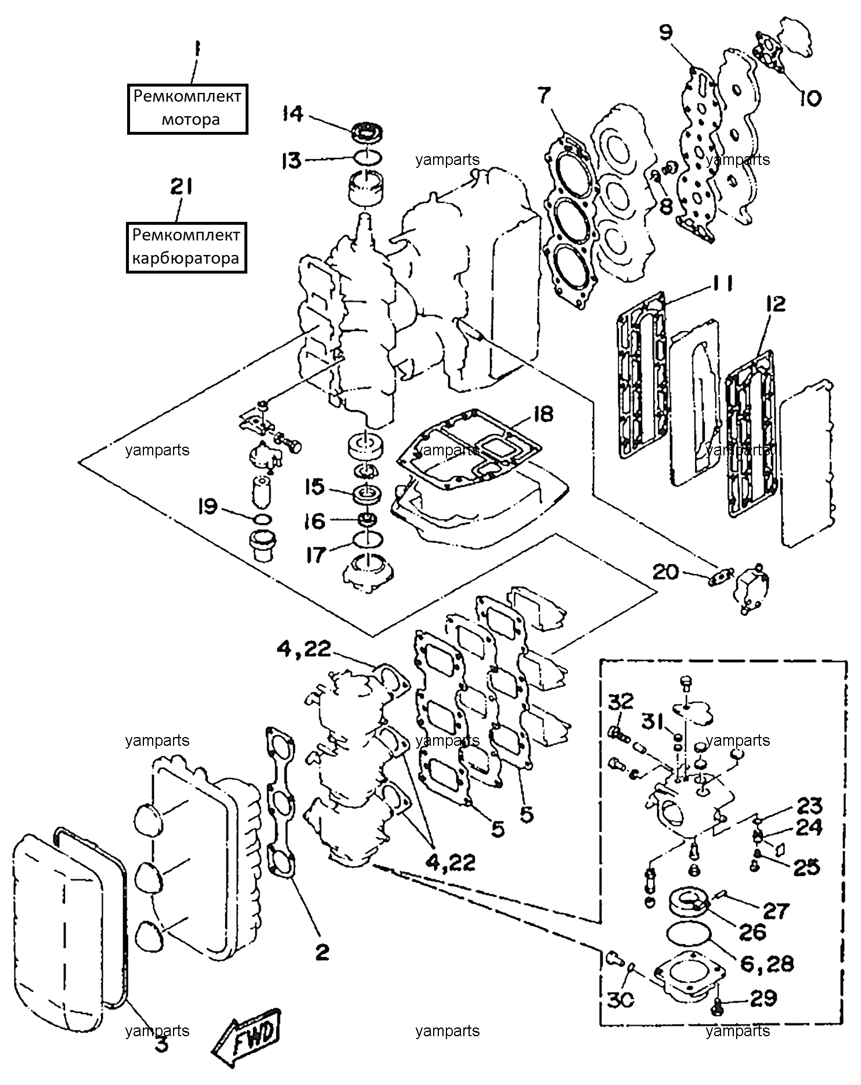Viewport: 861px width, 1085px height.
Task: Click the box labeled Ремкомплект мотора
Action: (x=188, y=109)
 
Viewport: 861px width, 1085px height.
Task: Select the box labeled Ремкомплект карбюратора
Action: (x=186, y=247)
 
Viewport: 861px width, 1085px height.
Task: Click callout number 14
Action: (x=293, y=113)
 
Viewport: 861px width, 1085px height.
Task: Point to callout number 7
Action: (x=544, y=95)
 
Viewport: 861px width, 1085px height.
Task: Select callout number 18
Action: (x=543, y=414)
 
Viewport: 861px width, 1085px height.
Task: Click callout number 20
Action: (x=665, y=572)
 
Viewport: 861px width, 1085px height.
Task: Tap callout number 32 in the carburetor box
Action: (x=621, y=701)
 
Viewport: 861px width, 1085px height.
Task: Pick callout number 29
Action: (x=763, y=998)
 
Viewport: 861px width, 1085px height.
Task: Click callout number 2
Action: (x=322, y=952)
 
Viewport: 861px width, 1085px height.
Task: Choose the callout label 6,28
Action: (x=767, y=964)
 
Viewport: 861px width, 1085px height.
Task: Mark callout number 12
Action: (x=776, y=304)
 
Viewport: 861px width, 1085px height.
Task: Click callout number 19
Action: (x=208, y=506)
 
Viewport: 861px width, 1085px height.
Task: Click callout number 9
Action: (x=666, y=32)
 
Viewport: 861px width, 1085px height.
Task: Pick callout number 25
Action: (x=806, y=867)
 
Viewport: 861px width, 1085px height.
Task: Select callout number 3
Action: (x=162, y=1043)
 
